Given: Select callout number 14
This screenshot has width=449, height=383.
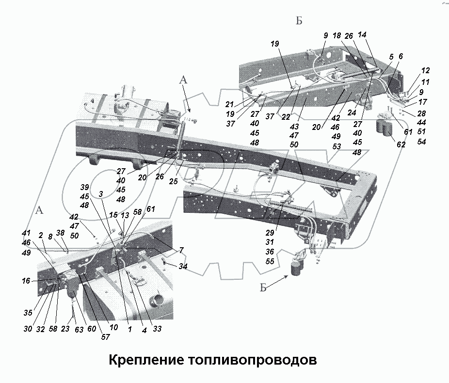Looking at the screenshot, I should pos(362,35).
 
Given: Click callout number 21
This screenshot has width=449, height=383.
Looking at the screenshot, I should pos(230,104).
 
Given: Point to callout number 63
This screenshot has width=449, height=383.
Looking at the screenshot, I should pos(73,329).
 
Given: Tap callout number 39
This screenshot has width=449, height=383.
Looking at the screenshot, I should pos(85,188).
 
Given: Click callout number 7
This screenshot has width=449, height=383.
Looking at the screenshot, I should pos(181,250).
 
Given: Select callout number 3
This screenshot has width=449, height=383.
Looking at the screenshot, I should pos(100,194).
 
